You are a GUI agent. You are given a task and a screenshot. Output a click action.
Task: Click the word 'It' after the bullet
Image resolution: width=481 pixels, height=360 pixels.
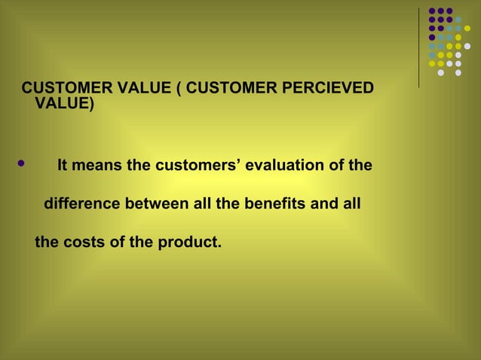[63, 164]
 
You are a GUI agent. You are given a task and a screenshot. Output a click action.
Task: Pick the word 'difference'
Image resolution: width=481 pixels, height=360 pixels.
[81, 204]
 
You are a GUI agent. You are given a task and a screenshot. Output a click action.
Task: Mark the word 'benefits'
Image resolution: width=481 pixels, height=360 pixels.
[271, 204]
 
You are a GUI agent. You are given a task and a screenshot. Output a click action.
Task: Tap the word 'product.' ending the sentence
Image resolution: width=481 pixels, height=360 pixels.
[191, 244]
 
